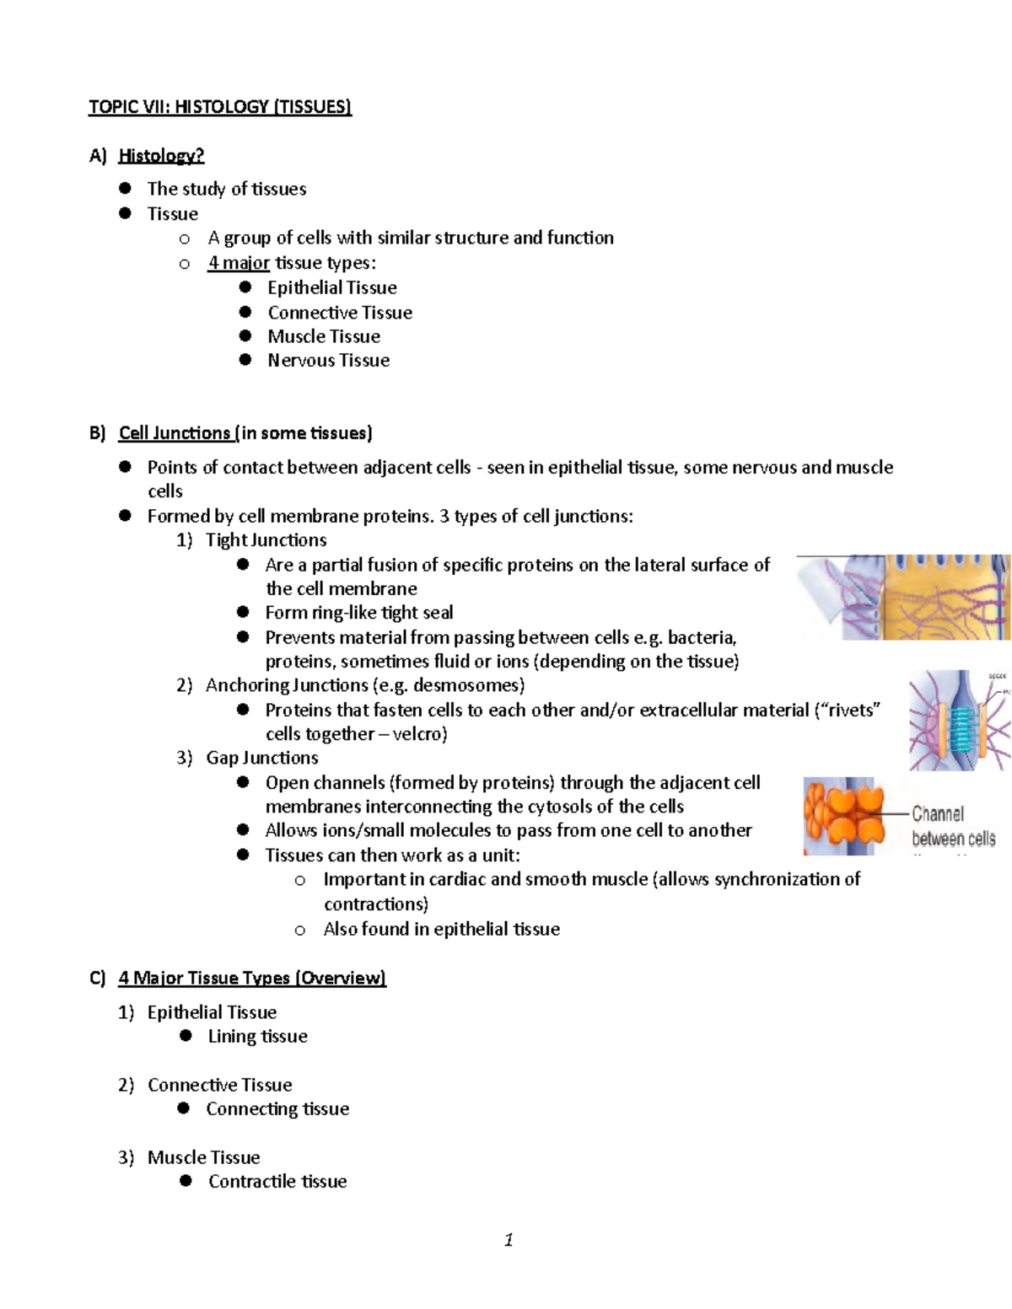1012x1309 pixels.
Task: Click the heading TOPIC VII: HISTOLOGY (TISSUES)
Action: coord(220,106)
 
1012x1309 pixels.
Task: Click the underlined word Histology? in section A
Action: coord(161,155)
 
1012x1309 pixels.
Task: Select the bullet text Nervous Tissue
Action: coord(328,360)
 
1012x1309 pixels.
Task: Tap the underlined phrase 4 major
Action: coord(239,262)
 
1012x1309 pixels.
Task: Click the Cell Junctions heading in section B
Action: coord(175,432)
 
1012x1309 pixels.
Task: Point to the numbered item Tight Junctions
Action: coord(266,539)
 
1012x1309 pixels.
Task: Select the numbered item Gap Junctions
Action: coord(261,757)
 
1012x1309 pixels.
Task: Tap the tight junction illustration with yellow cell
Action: coord(902,597)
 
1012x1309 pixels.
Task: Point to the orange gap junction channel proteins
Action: coord(843,816)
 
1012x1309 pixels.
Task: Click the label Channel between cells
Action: coord(953,826)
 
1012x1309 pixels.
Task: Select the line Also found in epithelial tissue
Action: coord(441,929)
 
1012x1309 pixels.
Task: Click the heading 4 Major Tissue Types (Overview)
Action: coord(251,978)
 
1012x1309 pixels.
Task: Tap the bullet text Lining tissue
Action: coord(257,1036)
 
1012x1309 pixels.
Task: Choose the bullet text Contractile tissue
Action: coord(277,1181)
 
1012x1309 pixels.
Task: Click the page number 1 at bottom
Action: coord(509,1239)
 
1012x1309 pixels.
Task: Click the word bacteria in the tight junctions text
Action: coord(701,637)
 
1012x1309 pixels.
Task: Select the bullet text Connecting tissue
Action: coord(277,1108)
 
